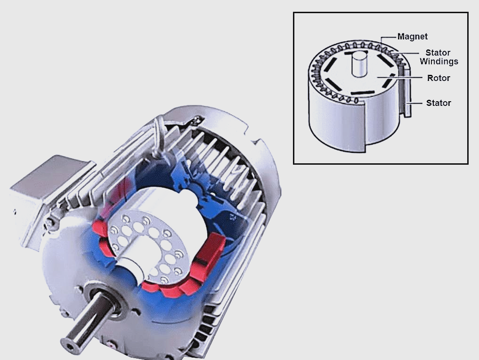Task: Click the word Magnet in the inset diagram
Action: click(x=413, y=37)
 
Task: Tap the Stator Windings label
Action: click(x=438, y=57)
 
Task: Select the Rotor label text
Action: click(x=438, y=78)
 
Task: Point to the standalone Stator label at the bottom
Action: click(x=438, y=103)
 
